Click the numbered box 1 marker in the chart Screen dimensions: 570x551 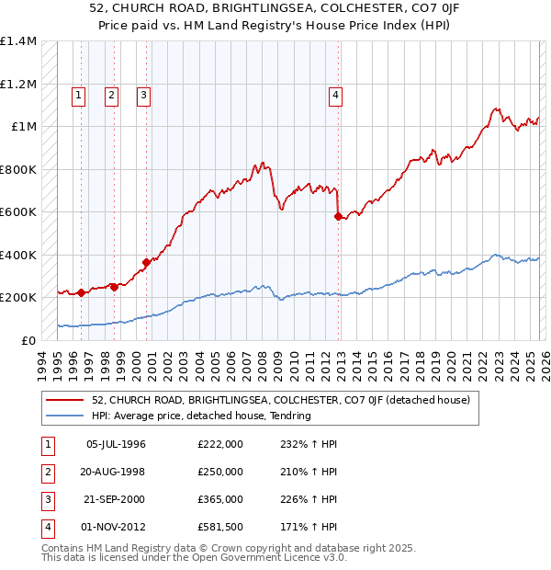click(78, 94)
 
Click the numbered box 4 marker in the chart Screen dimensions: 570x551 click(337, 94)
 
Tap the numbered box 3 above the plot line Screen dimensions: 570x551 click(144, 94)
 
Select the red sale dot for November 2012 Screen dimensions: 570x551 click(338, 216)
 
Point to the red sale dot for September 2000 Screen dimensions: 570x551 click(146, 262)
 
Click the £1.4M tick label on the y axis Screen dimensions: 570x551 click(18, 41)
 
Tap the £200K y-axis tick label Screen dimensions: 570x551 click(18, 298)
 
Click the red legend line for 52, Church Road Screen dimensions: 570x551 click(65, 400)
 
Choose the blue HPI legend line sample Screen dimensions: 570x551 click(65, 416)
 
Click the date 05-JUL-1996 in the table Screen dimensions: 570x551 click(116, 445)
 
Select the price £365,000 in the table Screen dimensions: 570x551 click(220, 500)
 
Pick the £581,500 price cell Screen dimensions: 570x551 click(220, 528)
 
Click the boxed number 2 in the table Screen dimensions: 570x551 click(46, 473)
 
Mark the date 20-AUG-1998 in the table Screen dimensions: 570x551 click(116, 473)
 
